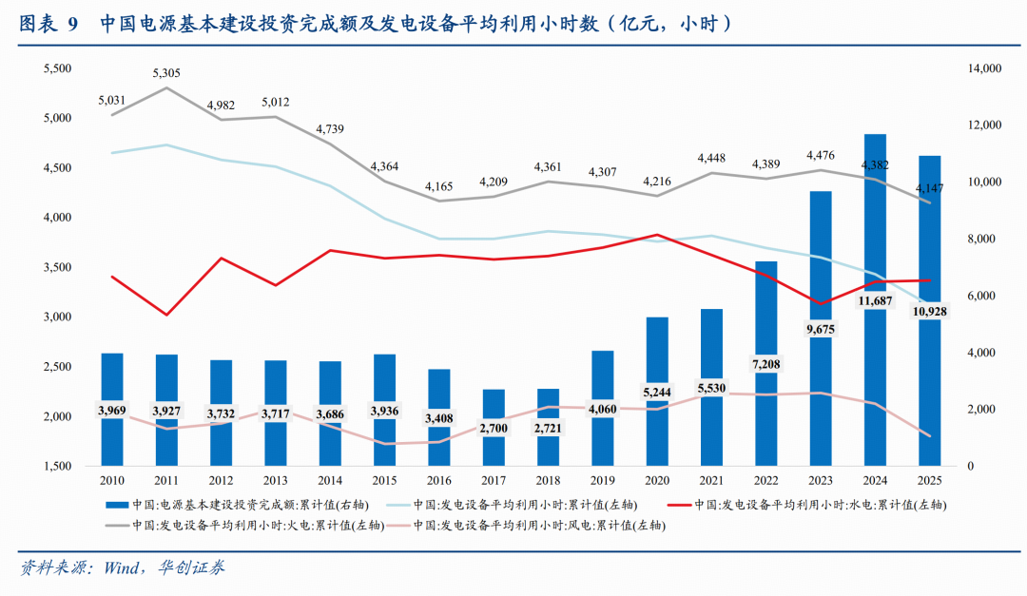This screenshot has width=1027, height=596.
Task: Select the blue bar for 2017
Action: pos(494,428)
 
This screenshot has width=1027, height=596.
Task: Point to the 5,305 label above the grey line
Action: pos(166,73)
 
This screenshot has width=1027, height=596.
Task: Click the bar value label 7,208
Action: pos(765,364)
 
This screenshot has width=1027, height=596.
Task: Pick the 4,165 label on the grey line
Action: pos(439,186)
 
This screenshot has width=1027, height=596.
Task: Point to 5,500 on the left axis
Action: pos(58,69)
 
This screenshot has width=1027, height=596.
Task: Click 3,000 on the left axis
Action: pos(58,317)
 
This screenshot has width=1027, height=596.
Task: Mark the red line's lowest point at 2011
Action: pos(166,315)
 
